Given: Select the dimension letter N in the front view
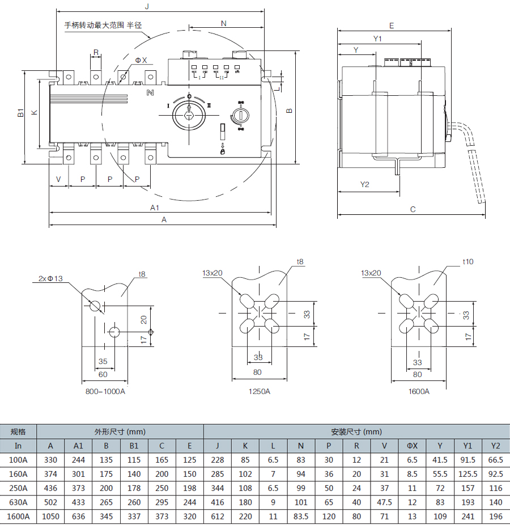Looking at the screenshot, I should point(223,23).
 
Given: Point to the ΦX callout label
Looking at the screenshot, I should point(141,60).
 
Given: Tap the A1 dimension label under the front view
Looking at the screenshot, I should point(155,208).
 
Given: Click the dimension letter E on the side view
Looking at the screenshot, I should point(392,26).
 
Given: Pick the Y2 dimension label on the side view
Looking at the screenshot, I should point(365,185).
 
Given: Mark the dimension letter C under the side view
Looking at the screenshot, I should point(413,210).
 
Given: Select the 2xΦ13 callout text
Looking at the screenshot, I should point(50,278).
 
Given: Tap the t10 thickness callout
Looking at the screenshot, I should point(468,261).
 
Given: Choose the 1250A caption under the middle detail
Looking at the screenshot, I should point(260,391).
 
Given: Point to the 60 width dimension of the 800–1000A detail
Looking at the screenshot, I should point(103,374).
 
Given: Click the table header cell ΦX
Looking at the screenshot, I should point(412,446).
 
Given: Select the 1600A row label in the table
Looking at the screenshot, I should point(18,516).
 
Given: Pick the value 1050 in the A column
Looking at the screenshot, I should point(51,516).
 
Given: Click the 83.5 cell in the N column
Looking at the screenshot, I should point(301,516).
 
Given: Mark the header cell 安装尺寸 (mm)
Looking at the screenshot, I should point(356,431).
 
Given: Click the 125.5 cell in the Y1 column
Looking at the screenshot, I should point(467,474).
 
